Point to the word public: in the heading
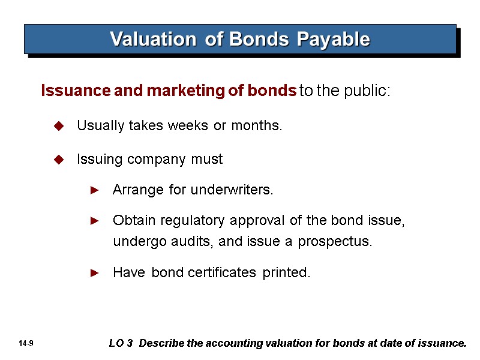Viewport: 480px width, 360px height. point(370,91)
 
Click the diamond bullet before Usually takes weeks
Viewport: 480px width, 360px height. point(59,126)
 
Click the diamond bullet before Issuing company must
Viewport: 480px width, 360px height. point(59,160)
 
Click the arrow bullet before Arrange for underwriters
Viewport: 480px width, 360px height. point(94,190)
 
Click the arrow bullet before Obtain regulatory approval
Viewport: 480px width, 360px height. point(94,221)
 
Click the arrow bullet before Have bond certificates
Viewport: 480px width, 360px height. point(94,273)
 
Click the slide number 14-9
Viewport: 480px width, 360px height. point(26,344)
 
